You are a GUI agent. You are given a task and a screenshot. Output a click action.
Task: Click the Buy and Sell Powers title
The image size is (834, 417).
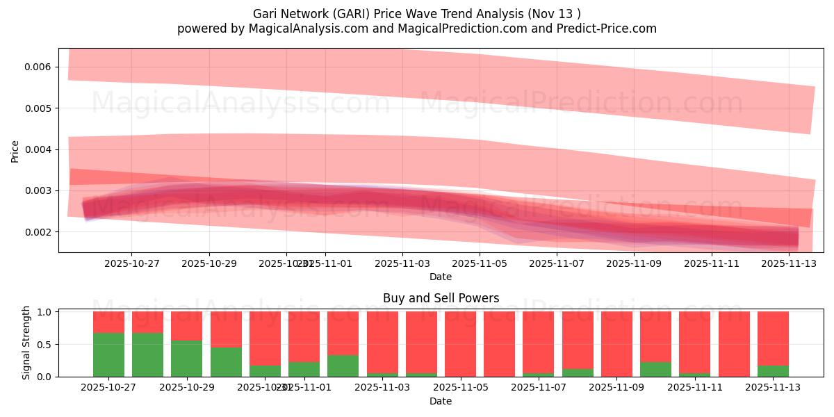pos(441,298)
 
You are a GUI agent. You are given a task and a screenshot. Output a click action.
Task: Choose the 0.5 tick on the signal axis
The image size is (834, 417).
pos(44,344)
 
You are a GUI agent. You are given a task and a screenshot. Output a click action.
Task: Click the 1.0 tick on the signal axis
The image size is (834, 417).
pos(44,312)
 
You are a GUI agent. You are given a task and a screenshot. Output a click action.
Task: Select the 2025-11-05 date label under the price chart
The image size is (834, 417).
pos(480,263)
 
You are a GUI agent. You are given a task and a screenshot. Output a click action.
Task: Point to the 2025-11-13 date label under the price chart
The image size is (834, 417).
pos(789,263)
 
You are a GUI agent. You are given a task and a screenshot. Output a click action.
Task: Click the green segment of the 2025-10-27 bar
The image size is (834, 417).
pos(108,354)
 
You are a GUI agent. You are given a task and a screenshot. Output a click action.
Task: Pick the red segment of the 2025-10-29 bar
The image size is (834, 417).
pos(186,325)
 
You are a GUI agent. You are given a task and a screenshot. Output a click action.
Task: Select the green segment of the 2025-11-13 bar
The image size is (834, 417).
pos(773,370)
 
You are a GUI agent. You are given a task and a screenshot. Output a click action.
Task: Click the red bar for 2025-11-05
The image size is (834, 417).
pos(460,343)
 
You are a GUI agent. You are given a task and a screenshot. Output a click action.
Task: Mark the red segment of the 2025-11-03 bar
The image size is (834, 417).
pos(382,342)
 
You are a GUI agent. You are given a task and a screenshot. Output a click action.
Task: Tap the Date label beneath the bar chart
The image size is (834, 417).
pos(441,401)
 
